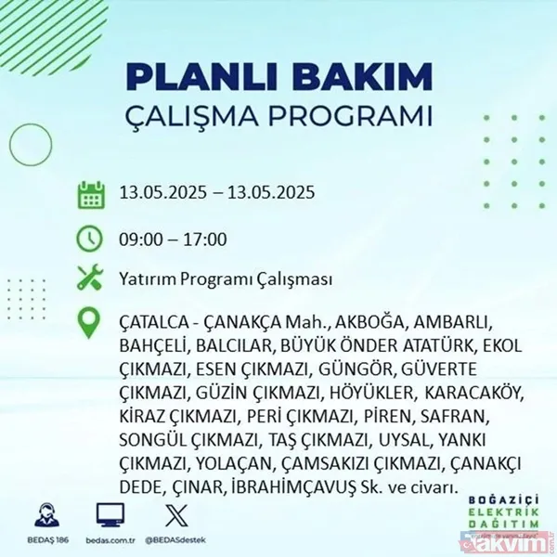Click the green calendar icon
coord(91,195)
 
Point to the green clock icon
coord(91,238)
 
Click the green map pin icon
coord(91,323)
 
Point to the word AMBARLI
coord(450,324)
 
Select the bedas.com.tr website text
coord(110,538)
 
